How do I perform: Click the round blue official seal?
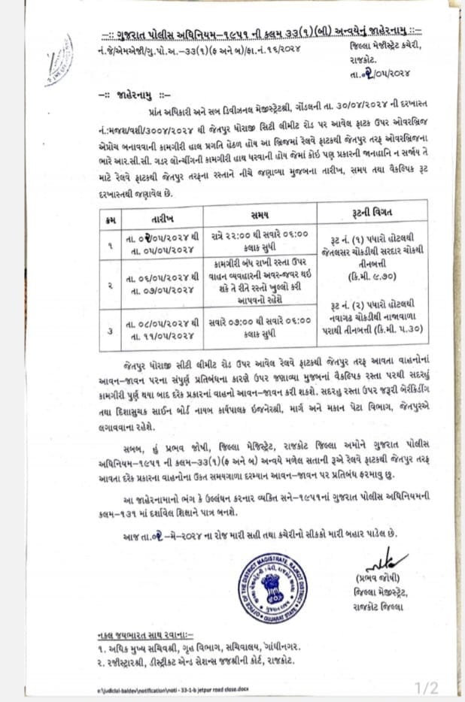270,586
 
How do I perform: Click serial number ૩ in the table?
111,328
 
